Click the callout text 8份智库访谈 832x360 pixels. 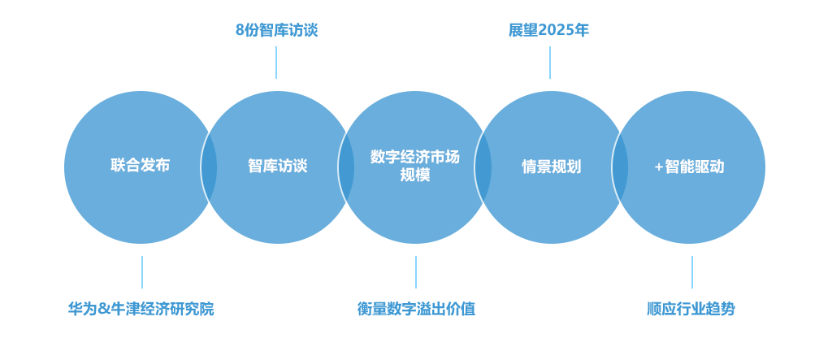[x=276, y=31]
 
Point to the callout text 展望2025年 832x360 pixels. [x=548, y=31]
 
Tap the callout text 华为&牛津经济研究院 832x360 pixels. [x=141, y=309]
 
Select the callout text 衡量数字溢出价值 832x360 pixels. [x=416, y=309]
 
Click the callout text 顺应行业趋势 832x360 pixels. [x=691, y=309]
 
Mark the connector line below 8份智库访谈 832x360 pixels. [x=276, y=62]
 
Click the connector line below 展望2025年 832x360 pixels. [x=550, y=62]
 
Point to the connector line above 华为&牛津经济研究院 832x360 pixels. [x=142, y=271]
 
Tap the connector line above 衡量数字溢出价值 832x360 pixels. [x=416, y=271]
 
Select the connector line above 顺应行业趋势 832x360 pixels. [x=692, y=271]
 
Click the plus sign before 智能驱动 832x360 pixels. [x=658, y=167]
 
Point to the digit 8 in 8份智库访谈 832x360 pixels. [x=240, y=31]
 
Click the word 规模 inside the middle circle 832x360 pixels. [x=414, y=176]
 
